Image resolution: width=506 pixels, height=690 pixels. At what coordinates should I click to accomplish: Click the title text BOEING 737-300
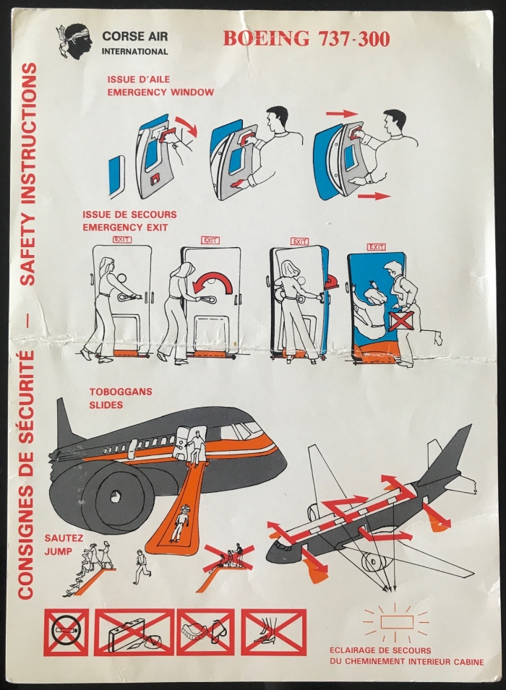coord(306,39)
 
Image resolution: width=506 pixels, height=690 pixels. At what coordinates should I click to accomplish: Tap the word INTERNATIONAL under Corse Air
coord(134,51)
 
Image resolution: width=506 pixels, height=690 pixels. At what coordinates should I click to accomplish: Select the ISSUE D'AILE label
coord(139,79)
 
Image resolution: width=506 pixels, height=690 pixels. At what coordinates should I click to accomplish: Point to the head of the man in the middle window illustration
coord(277,118)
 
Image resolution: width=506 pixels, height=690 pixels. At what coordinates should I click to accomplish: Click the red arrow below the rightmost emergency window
coord(374,196)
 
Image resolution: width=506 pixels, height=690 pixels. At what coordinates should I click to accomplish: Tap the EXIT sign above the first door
coord(122,240)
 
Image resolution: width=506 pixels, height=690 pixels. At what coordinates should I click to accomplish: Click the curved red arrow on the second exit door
coord(214,283)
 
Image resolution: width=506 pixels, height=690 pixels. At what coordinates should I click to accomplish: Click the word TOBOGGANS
coord(121,392)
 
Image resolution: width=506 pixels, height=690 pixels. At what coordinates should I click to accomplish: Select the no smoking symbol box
coord(66,631)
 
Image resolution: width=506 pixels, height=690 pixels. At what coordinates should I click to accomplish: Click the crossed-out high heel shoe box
coord(273,631)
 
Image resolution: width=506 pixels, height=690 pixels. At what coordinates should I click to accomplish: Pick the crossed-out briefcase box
coord(134,631)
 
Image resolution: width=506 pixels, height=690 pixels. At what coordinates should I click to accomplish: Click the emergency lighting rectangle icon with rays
coord(396,622)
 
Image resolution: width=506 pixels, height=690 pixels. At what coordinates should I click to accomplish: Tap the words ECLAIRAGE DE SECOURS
coord(380,650)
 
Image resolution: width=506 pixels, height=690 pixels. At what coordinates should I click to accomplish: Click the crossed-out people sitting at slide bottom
coord(230,558)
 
